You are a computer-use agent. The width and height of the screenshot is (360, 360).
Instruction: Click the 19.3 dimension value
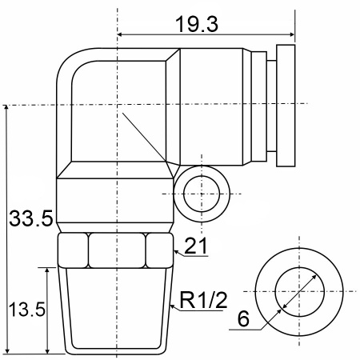[x=197, y=24]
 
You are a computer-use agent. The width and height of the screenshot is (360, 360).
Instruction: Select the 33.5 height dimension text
[x=31, y=218]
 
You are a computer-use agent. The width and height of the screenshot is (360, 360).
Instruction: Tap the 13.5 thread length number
[x=27, y=310]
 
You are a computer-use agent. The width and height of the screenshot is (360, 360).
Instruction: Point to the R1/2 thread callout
[x=204, y=300]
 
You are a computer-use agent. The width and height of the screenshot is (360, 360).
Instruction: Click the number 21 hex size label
[x=196, y=246]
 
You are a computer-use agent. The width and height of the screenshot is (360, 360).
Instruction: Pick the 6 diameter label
[x=243, y=318]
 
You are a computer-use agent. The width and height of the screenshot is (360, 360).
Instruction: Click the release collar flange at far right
[x=286, y=106]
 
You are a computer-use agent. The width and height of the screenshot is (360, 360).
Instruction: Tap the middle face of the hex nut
[x=117, y=250]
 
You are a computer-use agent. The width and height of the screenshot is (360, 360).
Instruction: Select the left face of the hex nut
[x=73, y=250]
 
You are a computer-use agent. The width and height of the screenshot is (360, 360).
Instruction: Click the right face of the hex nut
[x=159, y=250]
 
